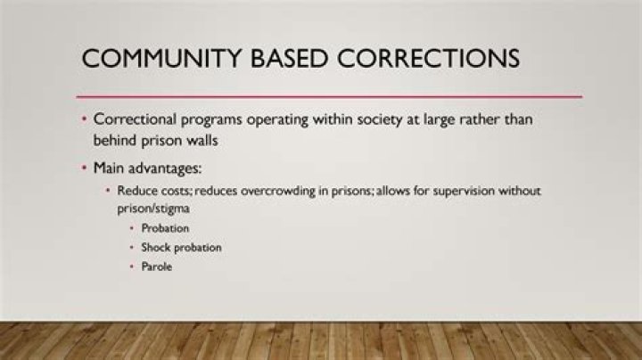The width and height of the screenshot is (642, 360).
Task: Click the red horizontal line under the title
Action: (x=330, y=96)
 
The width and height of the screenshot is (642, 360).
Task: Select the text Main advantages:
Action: (x=139, y=168)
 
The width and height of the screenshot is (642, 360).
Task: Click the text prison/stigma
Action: (x=154, y=207)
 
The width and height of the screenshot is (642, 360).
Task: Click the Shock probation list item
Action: (x=181, y=247)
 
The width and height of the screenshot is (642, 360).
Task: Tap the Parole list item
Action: (x=156, y=266)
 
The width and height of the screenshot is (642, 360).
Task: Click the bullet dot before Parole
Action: (x=132, y=266)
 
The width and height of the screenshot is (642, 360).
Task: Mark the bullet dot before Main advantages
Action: (x=84, y=168)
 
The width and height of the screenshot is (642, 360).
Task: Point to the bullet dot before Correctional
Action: (x=84, y=119)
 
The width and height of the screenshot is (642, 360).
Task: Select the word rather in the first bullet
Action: (x=478, y=119)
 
